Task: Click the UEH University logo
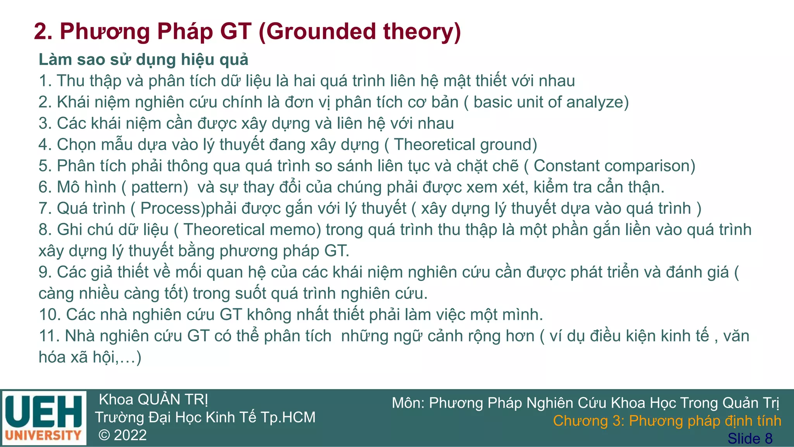44,418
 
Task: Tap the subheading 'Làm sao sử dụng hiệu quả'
143,60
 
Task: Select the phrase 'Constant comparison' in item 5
611,166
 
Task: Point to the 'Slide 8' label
750,438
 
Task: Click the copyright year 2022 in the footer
130,435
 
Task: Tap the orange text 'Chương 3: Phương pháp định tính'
667,421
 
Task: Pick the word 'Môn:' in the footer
408,403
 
